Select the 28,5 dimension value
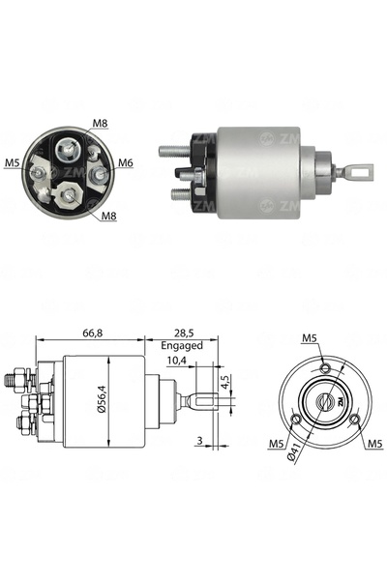(184, 333)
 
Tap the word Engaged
(182, 345)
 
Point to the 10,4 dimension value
(176, 361)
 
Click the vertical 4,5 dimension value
(225, 382)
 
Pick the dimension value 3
(200, 440)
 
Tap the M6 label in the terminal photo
(126, 162)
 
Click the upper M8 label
(100, 123)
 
